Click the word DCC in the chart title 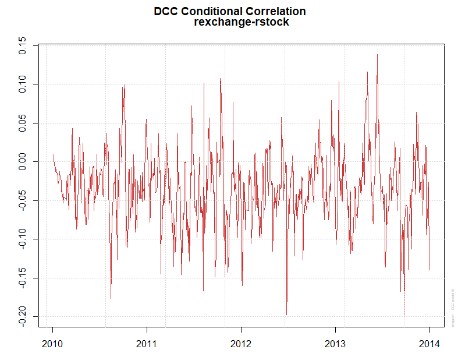click(166, 11)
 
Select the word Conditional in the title click(207, 11)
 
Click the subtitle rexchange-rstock click(241, 23)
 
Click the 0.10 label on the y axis click(22, 84)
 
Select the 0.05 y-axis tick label click(22, 123)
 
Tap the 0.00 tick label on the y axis click(22, 162)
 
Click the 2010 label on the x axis click(52, 343)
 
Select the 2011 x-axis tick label click(147, 343)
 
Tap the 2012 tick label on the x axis click(241, 343)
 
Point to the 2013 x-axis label click(335, 343)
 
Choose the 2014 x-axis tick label click(429, 343)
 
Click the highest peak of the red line click(377, 55)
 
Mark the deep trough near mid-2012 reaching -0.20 click(286, 314)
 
